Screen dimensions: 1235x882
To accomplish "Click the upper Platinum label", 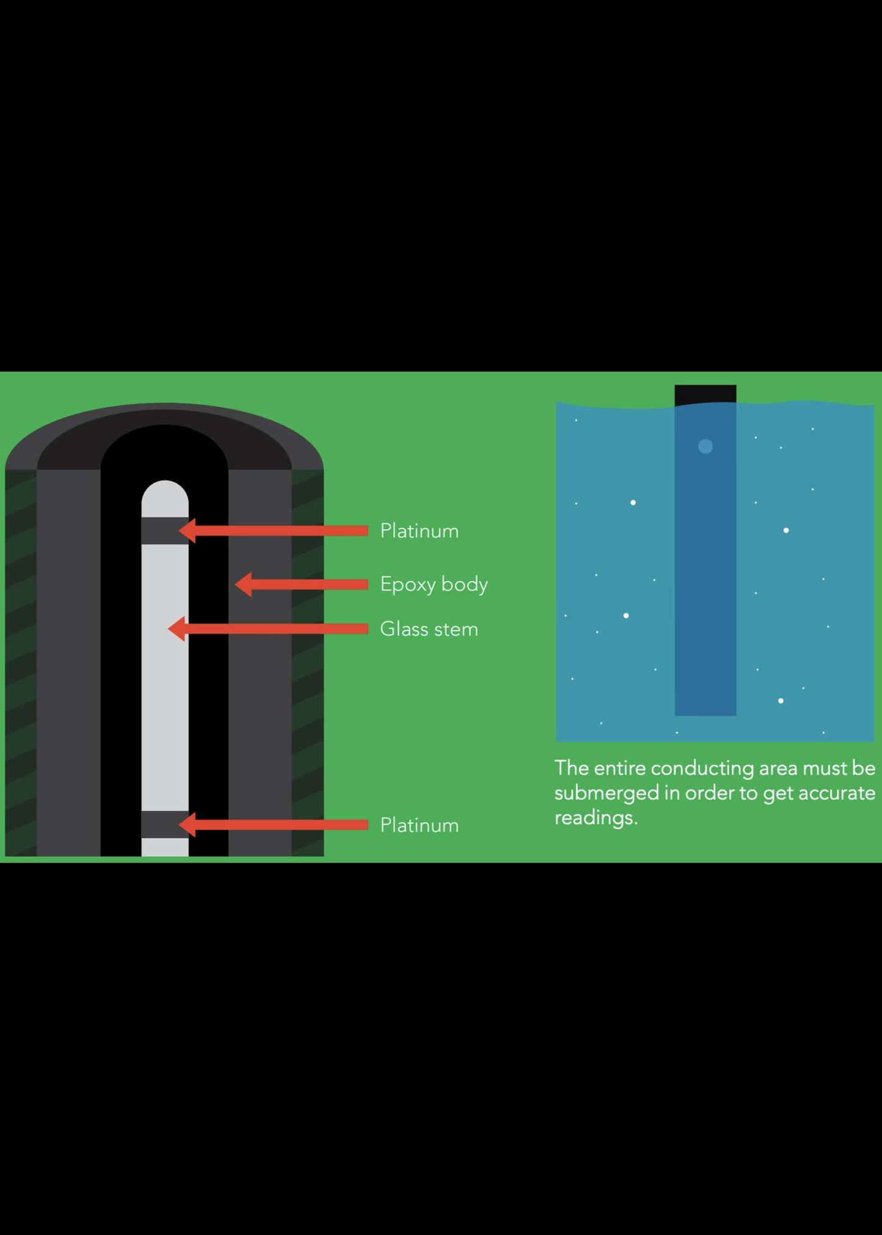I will tap(419, 531).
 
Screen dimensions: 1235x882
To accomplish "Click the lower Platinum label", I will tap(419, 825).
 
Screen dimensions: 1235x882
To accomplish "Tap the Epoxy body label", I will tap(433, 584).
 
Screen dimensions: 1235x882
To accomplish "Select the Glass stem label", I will tap(428, 629).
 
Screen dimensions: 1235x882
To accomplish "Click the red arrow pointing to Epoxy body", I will tap(302, 584).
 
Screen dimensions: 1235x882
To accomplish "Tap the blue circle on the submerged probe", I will tap(705, 446).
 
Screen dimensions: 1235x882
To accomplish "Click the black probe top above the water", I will tap(705, 394).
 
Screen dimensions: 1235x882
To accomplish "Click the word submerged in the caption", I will tap(606, 793).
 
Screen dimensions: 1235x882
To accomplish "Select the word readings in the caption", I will tap(595, 818).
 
